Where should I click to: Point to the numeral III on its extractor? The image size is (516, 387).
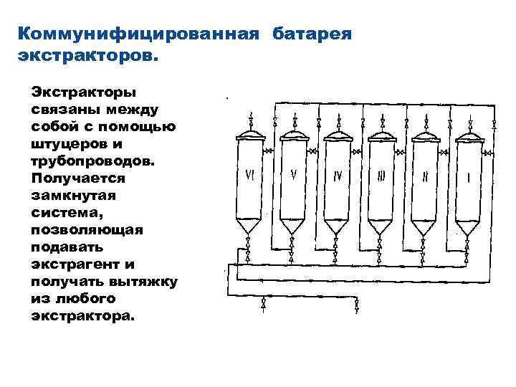pos(381,176)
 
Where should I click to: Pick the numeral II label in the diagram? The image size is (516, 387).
pos(425,176)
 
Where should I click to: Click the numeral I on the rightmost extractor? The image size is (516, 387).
pos(468,176)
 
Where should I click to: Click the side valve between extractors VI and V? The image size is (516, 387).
pos(269,150)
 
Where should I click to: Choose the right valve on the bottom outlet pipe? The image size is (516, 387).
pos(358,307)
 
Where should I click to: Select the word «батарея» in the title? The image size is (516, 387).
pos(312,34)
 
